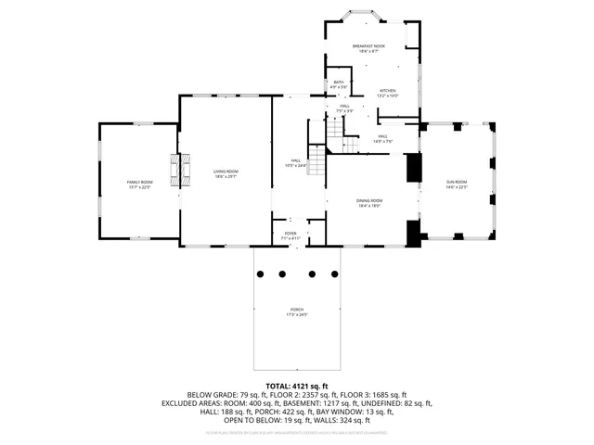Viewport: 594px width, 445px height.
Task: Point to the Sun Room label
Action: click(457, 184)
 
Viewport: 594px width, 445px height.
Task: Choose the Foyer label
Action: click(291, 235)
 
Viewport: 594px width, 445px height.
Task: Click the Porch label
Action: click(296, 311)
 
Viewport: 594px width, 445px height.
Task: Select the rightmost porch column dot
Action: click(332, 273)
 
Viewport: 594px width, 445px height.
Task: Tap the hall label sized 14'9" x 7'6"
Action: click(383, 139)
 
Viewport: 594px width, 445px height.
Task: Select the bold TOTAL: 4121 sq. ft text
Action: click(297, 386)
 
